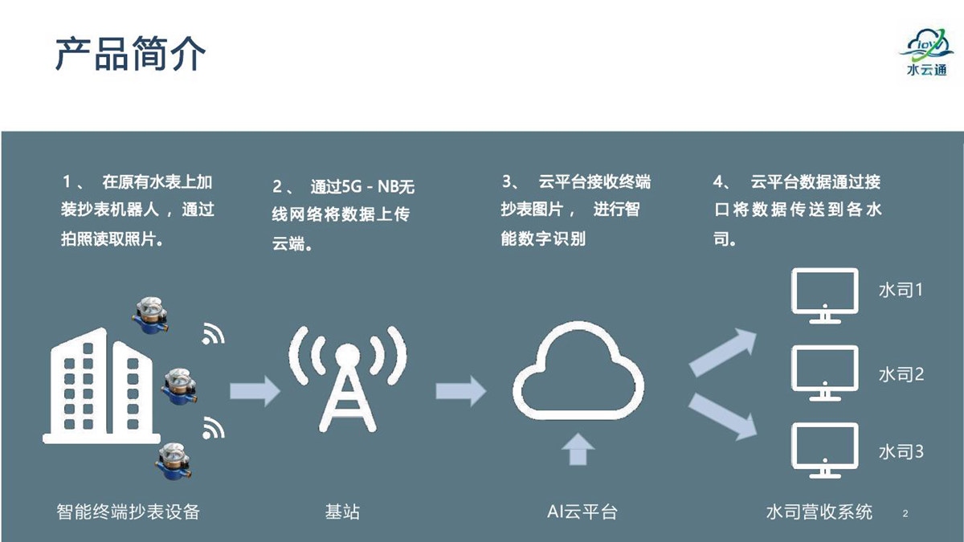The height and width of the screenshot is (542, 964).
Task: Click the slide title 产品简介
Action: (x=130, y=54)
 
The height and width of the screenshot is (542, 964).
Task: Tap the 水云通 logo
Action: (x=926, y=52)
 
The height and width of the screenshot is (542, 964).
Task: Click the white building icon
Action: (x=101, y=386)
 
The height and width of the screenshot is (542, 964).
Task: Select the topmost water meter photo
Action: (x=149, y=316)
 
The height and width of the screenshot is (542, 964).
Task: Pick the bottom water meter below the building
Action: (x=174, y=461)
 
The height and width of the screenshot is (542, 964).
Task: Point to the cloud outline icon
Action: (x=578, y=371)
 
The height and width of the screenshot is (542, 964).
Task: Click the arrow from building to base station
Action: (x=255, y=391)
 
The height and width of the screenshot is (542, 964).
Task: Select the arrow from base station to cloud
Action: (x=461, y=391)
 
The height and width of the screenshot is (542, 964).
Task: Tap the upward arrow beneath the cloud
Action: (x=578, y=449)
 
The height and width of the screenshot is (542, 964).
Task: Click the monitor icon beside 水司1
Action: (x=824, y=296)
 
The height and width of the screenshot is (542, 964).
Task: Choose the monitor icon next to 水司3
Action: (x=824, y=450)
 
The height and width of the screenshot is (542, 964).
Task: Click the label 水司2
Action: (x=901, y=375)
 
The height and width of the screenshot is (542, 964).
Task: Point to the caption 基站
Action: (x=342, y=512)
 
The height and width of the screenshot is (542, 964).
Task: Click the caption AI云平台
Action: (x=582, y=512)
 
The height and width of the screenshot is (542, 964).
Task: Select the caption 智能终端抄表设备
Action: (x=129, y=512)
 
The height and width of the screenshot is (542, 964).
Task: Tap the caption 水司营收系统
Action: (x=819, y=512)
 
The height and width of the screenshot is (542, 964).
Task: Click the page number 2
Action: (x=905, y=513)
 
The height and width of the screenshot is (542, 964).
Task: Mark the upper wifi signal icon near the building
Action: (x=213, y=334)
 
